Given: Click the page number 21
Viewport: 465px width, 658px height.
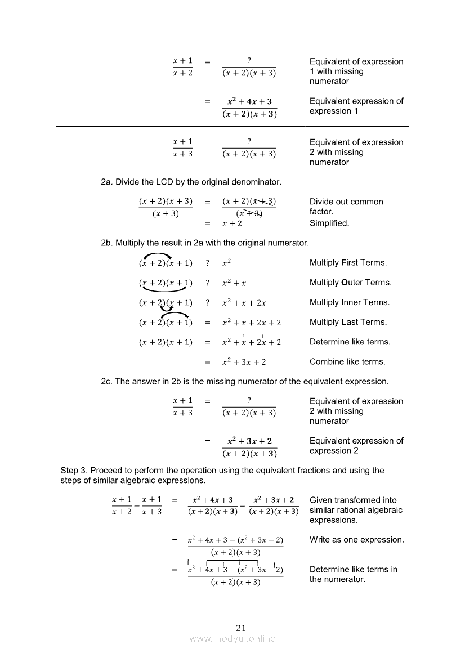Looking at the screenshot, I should click(241, 628).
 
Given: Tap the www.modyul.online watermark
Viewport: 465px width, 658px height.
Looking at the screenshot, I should click(232, 638).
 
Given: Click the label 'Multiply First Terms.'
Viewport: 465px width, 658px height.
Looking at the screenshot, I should click(348, 263).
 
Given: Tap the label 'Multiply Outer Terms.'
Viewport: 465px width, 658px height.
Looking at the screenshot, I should click(350, 283).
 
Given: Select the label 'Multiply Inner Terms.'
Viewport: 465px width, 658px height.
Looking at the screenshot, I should click(349, 302).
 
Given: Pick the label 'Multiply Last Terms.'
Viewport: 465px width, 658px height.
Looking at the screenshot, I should click(348, 322).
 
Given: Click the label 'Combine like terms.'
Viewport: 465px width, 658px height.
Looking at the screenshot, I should click(347, 361).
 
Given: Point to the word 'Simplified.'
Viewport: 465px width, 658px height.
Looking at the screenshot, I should click(329, 223).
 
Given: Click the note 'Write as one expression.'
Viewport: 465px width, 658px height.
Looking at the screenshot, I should click(356, 540).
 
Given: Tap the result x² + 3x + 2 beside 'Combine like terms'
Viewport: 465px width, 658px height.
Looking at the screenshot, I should click(244, 362).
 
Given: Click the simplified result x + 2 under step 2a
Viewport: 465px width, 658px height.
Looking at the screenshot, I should click(232, 223).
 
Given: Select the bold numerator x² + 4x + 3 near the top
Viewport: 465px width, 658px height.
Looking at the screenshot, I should click(249, 102).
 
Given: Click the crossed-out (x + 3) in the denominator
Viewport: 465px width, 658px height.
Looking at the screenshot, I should click(249, 213).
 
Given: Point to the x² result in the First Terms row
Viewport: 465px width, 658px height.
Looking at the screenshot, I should click(227, 263).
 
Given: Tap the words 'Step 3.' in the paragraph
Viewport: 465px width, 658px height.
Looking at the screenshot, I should click(74, 470).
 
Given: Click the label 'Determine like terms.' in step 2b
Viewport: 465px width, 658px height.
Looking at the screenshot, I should click(350, 342).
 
